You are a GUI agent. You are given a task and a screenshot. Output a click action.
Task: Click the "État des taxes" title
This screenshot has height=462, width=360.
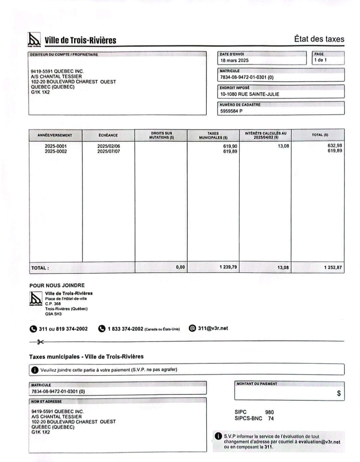click(319, 39)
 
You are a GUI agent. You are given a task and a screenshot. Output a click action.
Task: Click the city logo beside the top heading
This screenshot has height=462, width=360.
click(34, 39)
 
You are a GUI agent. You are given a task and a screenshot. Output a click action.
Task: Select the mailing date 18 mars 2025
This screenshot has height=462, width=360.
click(234, 60)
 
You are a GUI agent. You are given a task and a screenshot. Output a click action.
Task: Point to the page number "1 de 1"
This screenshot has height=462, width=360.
click(320, 60)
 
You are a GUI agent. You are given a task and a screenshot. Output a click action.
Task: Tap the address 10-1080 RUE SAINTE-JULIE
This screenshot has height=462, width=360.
click(250, 94)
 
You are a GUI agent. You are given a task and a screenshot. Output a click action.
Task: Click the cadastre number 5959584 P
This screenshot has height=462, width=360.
click(231, 111)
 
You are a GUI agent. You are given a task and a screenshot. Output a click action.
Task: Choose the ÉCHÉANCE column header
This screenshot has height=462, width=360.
click(108, 135)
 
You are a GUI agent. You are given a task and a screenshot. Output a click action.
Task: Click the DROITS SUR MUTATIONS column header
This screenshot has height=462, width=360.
click(161, 135)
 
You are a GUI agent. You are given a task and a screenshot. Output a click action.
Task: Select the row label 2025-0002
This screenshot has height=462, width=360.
click(56, 151)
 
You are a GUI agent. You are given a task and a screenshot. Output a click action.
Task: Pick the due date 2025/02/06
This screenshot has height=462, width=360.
click(109, 146)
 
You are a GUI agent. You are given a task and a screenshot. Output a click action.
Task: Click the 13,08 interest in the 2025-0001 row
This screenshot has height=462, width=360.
click(283, 146)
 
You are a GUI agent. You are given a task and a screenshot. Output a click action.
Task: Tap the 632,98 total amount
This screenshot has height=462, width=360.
click(335, 145)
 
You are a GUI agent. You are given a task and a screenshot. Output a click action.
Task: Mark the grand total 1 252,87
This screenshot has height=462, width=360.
click(333, 268)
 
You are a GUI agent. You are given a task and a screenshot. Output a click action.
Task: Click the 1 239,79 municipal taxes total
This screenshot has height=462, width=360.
click(228, 267)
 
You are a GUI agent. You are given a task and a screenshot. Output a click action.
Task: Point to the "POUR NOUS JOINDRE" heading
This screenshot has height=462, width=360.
click(57, 285)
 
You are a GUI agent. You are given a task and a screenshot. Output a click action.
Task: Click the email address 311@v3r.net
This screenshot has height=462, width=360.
click(213, 328)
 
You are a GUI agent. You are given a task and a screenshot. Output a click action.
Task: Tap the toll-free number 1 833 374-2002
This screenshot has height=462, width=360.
click(125, 329)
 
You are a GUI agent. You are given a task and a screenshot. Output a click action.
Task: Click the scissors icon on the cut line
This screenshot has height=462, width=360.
click(40, 342)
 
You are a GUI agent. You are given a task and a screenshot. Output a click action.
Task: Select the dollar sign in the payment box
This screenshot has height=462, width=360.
click(339, 393)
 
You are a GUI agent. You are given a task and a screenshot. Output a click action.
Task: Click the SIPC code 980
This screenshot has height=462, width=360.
click(269, 412)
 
